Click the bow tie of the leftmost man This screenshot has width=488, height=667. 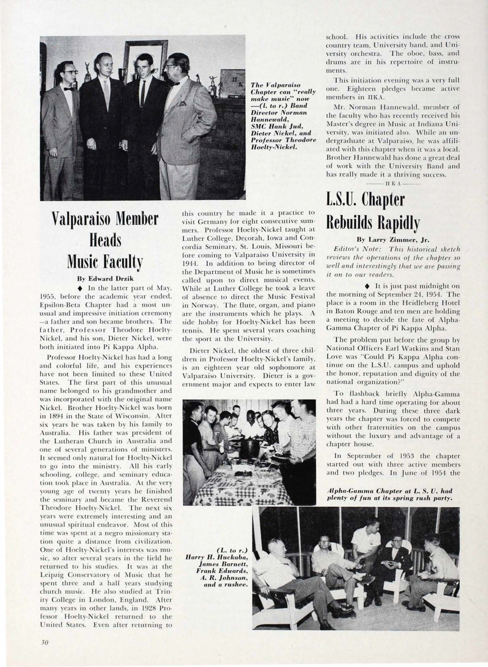pos(69,89)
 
